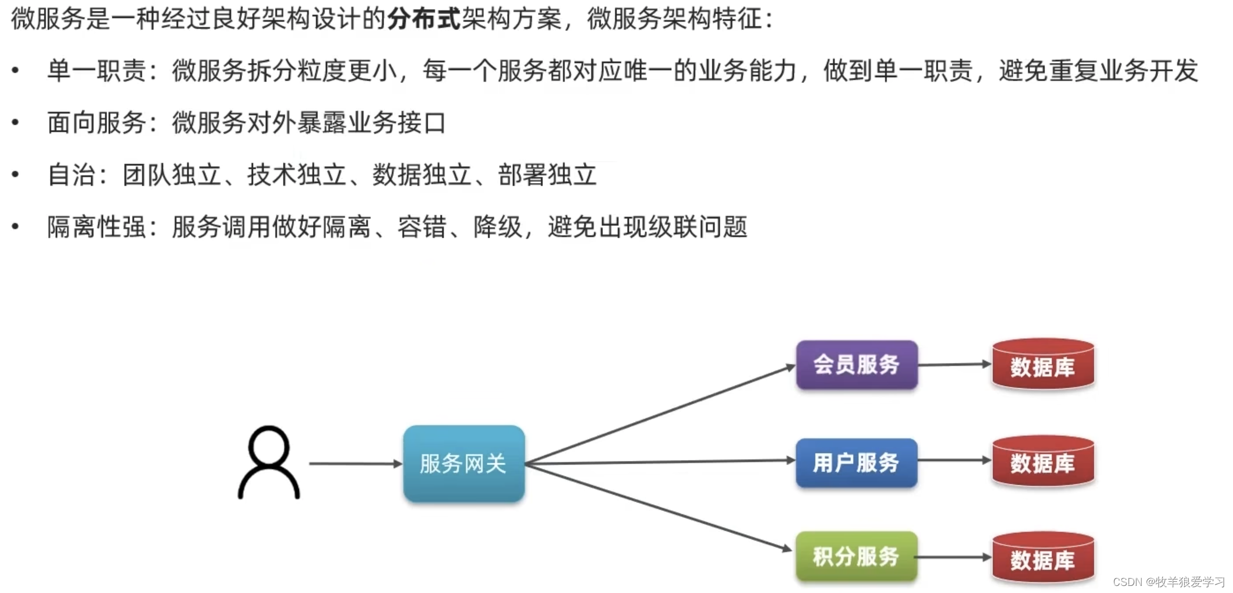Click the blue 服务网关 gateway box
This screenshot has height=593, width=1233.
(464, 464)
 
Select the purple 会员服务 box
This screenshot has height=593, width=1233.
(857, 365)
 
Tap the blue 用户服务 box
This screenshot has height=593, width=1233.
(857, 463)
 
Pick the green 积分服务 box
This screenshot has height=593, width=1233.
(857, 557)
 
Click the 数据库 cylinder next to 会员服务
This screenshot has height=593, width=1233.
(1043, 365)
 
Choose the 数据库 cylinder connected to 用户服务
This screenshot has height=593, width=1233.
(1043, 462)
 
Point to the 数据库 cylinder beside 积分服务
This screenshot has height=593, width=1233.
(1043, 558)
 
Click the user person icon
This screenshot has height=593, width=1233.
(269, 463)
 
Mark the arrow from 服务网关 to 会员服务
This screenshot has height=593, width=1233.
(659, 415)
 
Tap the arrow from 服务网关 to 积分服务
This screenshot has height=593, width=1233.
(659, 508)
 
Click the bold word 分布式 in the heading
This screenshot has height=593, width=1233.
(424, 19)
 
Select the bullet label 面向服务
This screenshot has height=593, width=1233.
(96, 123)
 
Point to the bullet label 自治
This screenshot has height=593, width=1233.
(72, 175)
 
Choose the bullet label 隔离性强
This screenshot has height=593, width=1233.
(96, 227)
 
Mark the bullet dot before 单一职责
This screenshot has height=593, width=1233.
(15, 71)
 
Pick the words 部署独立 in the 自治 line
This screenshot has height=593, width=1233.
(547, 175)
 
